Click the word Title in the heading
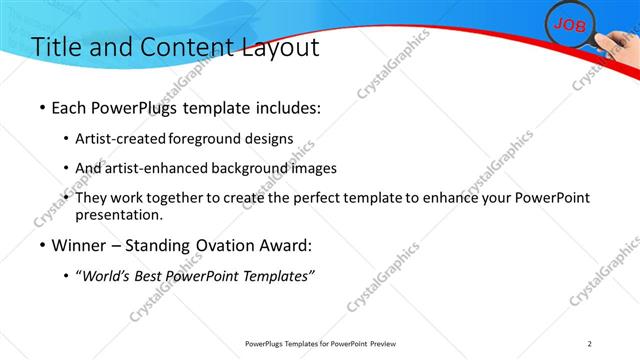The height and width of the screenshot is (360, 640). click(57, 47)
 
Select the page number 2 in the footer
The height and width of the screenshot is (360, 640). click(590, 344)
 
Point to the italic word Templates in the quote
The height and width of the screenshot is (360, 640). click(274, 275)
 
